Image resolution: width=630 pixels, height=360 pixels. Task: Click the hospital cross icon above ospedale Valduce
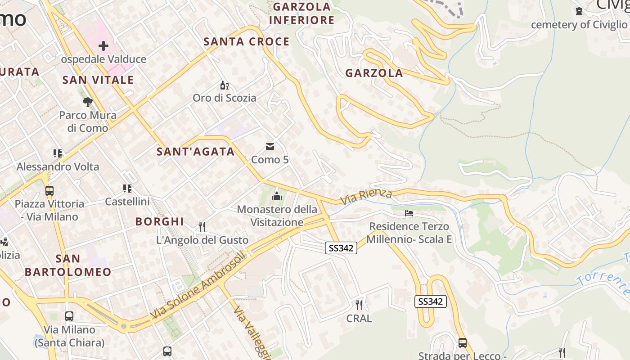(x=103, y=46)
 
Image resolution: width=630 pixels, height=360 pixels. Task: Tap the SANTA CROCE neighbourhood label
(x=247, y=42)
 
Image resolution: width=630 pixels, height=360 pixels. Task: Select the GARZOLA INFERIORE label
(x=302, y=13)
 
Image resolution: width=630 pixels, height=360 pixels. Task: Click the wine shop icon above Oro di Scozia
(x=224, y=85)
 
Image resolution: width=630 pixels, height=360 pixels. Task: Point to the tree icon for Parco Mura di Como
(x=88, y=102)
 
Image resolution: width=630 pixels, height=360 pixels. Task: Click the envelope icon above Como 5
(x=270, y=147)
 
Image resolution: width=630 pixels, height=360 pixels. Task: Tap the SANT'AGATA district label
(x=196, y=152)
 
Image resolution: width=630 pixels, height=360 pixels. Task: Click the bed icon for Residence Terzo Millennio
(x=409, y=213)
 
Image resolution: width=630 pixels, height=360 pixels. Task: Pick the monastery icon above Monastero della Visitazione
(x=276, y=196)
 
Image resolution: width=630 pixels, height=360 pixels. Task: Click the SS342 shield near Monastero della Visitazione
(x=341, y=247)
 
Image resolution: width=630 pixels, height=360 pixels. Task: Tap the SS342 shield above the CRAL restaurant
(x=430, y=301)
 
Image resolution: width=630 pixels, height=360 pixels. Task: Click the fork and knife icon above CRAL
(x=359, y=305)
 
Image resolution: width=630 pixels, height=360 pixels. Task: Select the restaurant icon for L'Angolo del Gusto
(x=202, y=226)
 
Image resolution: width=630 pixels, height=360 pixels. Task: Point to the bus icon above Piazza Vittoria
(x=49, y=190)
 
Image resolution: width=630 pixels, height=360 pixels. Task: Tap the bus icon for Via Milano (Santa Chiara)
(x=69, y=316)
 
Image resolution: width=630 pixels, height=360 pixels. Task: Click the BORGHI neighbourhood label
(x=159, y=221)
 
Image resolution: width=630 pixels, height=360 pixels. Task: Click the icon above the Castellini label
(x=127, y=189)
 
